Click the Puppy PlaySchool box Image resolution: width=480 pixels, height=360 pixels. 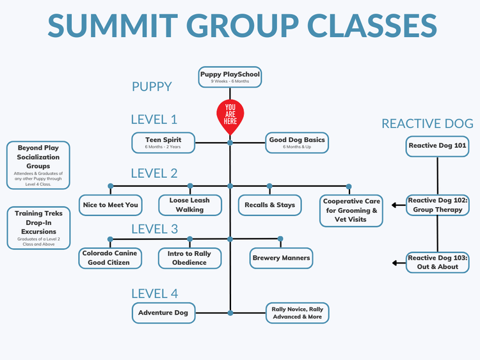tap(230, 77)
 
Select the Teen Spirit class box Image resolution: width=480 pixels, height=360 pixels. tap(163, 143)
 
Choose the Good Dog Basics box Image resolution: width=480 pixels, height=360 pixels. tap(297, 143)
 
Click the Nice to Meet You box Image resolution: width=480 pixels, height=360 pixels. tap(110, 205)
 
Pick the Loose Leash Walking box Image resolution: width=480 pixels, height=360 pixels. tap(189, 205)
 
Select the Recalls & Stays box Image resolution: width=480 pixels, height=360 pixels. tap(269, 205)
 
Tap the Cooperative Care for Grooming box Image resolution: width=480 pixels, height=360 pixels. tap(351, 210)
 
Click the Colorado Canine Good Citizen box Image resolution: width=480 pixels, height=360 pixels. tap(109, 258)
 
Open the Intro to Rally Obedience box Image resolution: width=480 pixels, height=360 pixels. tap(189, 258)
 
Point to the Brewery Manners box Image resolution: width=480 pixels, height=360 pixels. tap(281, 258)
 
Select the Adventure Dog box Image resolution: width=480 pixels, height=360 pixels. tap(163, 313)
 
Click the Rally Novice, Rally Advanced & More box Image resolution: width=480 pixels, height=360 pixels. tap(298, 313)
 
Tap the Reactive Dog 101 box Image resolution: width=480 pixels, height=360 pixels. tap(438, 146)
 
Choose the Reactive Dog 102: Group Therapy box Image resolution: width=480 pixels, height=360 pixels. tap(438, 205)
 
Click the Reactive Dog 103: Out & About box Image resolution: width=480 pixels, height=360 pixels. tap(438, 262)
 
